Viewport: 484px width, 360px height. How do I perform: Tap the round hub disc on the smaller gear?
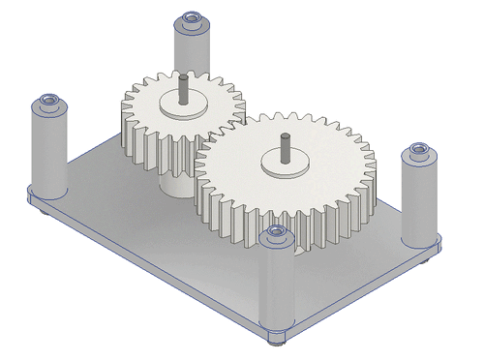click(181, 105)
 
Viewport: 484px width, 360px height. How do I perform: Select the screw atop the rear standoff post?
click(189, 18)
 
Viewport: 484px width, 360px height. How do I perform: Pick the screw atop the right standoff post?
click(419, 149)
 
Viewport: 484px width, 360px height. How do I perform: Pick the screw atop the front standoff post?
click(277, 232)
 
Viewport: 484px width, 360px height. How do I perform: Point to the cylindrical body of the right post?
click(419, 198)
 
